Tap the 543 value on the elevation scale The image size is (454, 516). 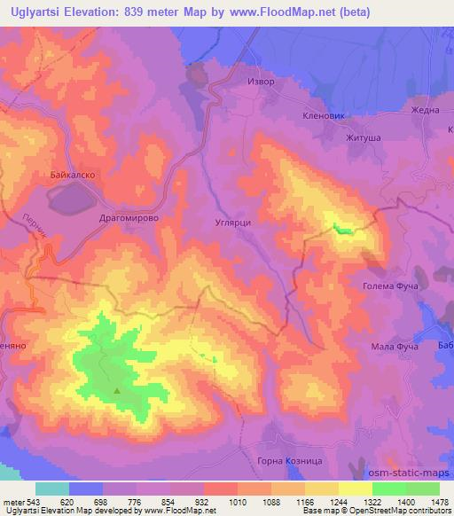[23, 501]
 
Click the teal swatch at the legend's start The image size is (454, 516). [52, 488]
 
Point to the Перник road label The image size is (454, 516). [34, 227]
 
